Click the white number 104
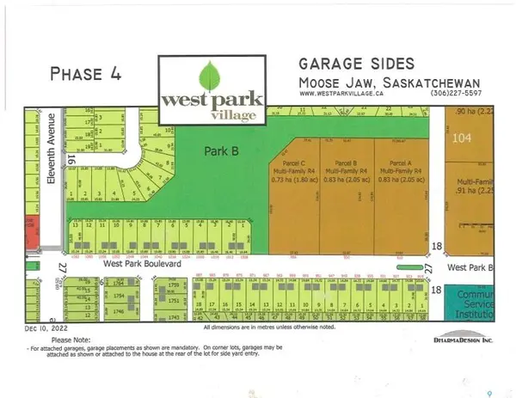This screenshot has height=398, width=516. pos(464,137)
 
